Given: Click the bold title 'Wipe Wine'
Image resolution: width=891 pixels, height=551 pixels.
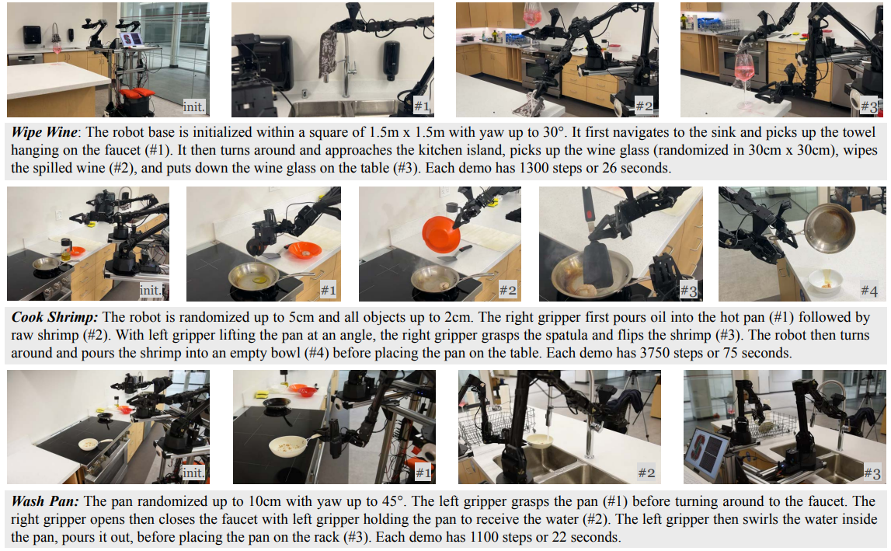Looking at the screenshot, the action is click(44, 132).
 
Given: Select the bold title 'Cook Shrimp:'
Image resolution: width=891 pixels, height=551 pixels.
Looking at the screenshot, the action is click(54, 317).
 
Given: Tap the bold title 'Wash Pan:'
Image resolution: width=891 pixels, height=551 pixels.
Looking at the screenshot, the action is click(46, 501).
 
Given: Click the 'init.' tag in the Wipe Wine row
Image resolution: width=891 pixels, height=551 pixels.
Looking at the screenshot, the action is click(193, 106).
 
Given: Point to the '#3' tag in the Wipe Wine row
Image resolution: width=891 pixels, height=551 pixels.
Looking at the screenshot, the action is click(868, 106).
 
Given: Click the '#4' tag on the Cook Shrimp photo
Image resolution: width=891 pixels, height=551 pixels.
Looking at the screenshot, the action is click(869, 291).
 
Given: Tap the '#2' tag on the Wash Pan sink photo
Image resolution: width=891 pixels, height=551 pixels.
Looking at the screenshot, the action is click(646, 473).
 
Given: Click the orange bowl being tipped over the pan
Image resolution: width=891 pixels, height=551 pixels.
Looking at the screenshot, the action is click(440, 234).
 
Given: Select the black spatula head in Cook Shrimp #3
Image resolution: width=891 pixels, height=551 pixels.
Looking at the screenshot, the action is click(598, 263).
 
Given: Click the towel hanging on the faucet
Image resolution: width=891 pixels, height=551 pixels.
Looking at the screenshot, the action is click(328, 55).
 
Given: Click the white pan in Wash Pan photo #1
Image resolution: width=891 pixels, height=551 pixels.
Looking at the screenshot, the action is click(290, 445).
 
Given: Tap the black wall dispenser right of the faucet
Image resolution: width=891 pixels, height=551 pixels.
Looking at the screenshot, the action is click(391, 59).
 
